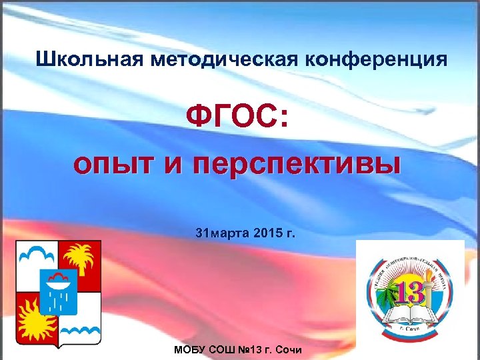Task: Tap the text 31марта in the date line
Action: [221, 233]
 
